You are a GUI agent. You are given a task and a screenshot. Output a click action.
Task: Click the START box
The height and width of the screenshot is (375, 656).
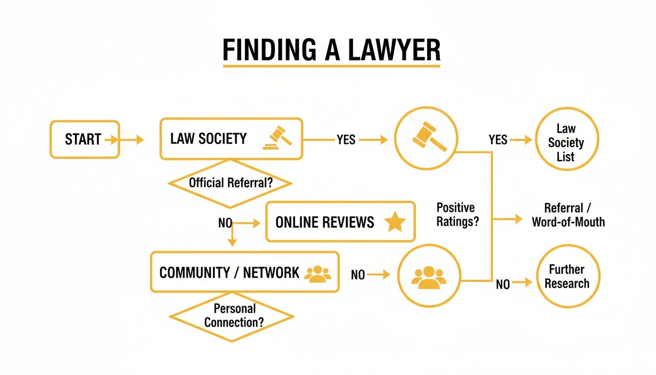coord(84,140)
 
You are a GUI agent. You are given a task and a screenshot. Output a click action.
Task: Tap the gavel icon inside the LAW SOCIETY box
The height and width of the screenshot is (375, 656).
coord(277,138)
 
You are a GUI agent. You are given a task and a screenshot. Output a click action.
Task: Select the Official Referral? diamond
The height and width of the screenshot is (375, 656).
coord(230,184)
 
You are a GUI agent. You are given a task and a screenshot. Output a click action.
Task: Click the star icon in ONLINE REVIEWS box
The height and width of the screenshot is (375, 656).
coord(395,222)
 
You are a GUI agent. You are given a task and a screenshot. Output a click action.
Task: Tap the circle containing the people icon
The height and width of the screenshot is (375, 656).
coord(429,276)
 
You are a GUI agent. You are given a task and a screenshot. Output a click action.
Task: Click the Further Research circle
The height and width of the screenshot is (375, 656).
coord(568,276)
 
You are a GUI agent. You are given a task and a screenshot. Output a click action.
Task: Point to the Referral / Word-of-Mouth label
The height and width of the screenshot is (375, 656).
coord(568,215)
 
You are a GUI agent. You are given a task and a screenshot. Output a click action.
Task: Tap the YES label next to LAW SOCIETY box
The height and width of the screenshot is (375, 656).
coord(346,140)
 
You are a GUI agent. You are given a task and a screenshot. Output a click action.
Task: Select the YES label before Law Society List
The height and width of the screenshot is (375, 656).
coord(498,140)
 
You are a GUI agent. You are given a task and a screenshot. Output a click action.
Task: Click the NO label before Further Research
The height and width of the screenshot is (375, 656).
coord(503,284)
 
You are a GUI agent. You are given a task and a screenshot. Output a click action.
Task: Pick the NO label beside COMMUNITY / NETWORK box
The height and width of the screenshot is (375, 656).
coord(358,275)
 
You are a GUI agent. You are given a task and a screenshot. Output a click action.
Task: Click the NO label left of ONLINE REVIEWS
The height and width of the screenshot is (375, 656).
coord(225,223)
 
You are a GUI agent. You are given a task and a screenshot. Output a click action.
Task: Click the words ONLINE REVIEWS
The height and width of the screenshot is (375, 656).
coord(325,223)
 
